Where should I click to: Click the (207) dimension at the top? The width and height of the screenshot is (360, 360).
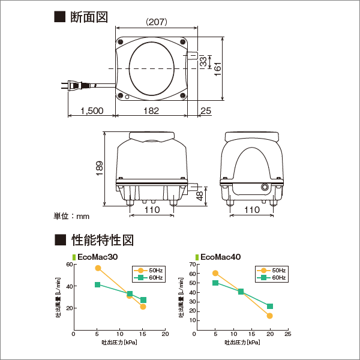[x=157, y=22]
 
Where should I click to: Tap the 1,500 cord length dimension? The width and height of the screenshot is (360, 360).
[x=92, y=111]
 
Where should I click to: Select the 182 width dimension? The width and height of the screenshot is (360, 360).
[x=151, y=111]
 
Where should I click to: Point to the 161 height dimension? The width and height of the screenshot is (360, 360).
[x=217, y=69]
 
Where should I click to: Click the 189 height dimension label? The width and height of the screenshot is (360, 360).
[x=100, y=168]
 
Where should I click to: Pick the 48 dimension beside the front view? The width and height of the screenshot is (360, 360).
[x=200, y=196]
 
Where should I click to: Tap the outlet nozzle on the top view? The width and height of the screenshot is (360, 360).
[x=193, y=56]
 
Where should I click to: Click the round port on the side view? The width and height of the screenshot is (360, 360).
[x=265, y=187]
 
